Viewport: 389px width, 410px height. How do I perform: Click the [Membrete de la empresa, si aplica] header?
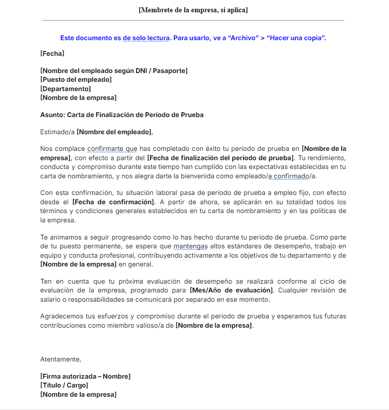coord(193,10)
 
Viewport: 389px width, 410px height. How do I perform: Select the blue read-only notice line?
coord(193,38)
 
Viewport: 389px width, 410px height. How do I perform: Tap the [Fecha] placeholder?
coord(52,53)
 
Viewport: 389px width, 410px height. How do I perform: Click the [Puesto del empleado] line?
coord(76,80)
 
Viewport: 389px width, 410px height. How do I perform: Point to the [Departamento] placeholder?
coord(65,89)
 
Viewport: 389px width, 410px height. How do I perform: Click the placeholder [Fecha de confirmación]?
coord(112,202)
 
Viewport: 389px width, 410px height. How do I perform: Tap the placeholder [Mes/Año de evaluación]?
coord(230,290)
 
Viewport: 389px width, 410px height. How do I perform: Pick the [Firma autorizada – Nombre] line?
coord(85,376)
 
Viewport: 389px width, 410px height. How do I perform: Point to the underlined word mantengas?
coord(190,246)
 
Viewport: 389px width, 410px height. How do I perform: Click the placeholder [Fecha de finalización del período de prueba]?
coord(220,158)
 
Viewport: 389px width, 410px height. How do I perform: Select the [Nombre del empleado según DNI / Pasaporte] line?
coord(114,71)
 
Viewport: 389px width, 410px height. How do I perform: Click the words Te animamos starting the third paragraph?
coord(59,237)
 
